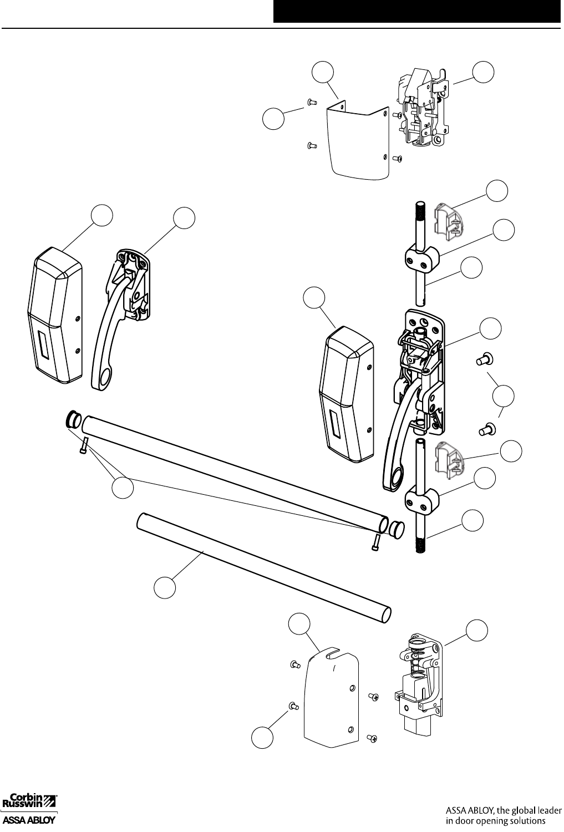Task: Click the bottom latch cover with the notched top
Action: click(331, 693)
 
